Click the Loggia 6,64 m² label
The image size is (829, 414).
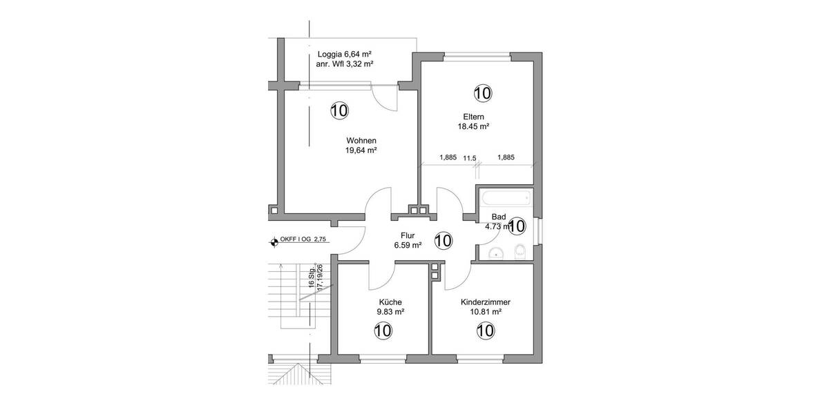point(345,55)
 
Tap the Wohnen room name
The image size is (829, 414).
point(361,141)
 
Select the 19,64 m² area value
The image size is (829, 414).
point(361,150)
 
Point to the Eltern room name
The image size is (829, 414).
point(473,117)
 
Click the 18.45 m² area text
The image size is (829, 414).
point(473,127)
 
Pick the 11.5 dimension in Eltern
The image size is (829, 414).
point(470,158)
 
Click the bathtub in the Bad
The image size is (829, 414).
point(506,199)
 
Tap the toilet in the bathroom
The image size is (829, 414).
point(521,251)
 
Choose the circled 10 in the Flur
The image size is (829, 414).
point(443,241)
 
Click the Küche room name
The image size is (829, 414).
point(390,302)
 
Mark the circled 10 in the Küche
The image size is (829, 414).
point(383,331)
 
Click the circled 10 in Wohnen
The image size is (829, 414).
point(339,110)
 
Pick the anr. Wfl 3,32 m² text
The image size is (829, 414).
point(345,64)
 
